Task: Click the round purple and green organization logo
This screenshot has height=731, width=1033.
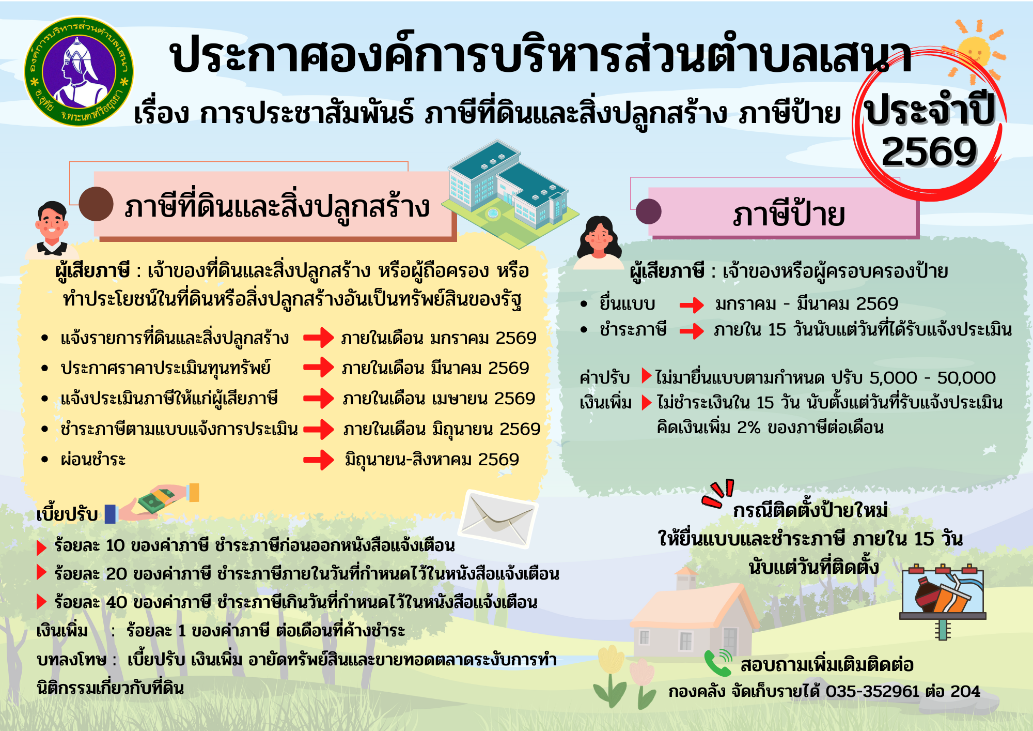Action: [x=79, y=71]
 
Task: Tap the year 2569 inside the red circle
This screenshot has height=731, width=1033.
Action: [x=929, y=152]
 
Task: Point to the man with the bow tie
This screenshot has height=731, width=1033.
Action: [x=52, y=231]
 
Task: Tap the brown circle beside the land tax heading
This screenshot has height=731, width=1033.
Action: [x=96, y=204]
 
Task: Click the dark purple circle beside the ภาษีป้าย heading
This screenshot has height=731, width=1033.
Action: [x=649, y=211]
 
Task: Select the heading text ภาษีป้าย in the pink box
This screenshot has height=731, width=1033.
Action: [x=789, y=214]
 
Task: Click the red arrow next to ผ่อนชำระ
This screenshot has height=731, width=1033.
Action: [x=319, y=460]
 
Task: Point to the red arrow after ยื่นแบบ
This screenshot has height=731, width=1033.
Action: [x=692, y=305]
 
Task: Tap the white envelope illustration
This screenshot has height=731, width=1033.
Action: [x=498, y=519]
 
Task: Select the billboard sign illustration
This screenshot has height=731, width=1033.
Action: [x=943, y=600]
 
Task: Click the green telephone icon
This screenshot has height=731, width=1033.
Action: [x=718, y=663]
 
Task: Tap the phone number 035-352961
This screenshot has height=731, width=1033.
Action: [x=872, y=691]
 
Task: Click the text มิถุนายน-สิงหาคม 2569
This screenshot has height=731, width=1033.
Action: [x=432, y=460]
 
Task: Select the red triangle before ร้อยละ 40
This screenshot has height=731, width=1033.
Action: [x=42, y=602]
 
